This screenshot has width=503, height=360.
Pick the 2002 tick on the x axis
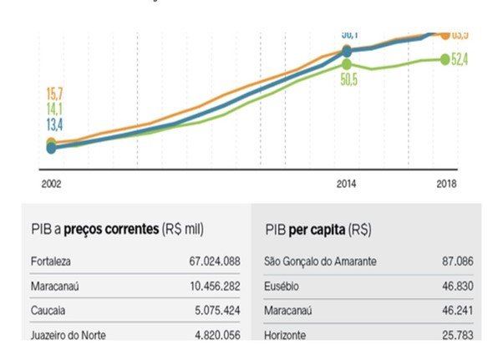[51, 181]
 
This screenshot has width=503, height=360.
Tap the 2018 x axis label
[446, 181]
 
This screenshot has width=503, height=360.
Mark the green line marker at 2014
[347, 63]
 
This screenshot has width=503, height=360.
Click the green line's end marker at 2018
[446, 58]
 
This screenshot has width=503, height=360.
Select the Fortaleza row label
[51, 261]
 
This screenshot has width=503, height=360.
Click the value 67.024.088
[215, 261]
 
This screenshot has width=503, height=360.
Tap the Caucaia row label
[48, 311]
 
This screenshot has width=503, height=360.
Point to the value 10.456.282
[215, 286]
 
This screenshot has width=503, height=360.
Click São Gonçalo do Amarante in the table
[320, 261]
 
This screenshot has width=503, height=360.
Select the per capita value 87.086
[458, 261]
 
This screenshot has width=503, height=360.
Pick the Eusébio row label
[282, 286]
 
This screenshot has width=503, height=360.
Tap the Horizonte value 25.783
[458, 335]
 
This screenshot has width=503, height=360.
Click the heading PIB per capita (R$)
[318, 228]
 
